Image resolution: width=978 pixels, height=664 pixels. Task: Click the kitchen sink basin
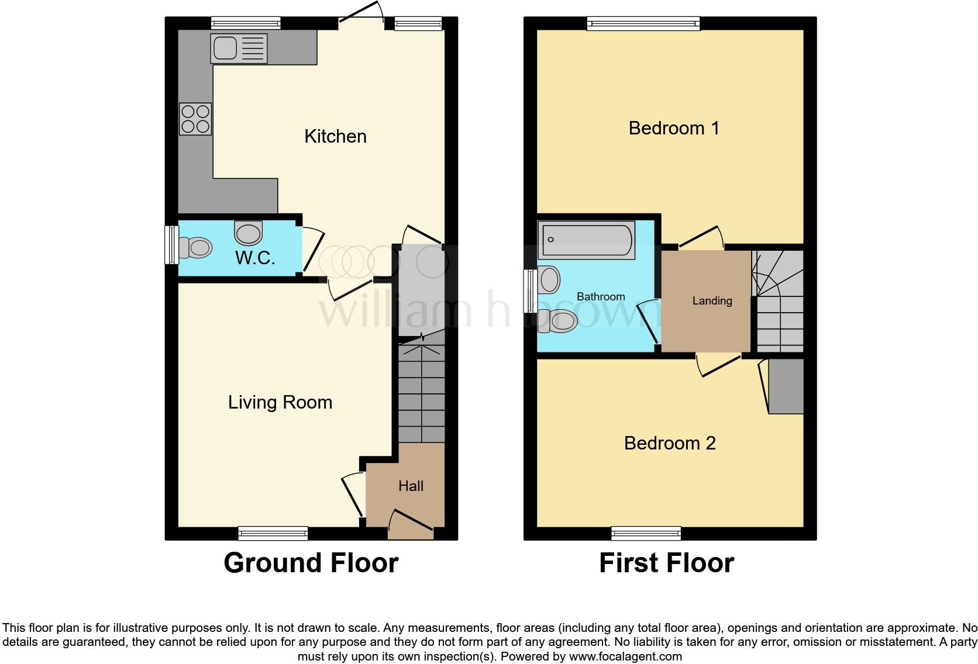tap(225, 48)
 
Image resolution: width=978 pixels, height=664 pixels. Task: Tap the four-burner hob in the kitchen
tap(195, 119)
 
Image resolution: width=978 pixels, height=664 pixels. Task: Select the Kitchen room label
tap(335, 136)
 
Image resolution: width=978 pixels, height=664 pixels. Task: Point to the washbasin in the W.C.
tap(249, 233)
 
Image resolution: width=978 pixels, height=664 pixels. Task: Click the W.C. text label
tap(255, 258)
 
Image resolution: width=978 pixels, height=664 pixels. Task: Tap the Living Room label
tap(280, 402)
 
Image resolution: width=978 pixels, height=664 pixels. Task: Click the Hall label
tap(411, 486)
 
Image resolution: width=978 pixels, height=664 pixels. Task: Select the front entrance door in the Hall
tap(411, 524)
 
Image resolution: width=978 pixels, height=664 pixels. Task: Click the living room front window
tap(273, 532)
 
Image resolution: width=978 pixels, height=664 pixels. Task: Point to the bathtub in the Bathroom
tap(586, 239)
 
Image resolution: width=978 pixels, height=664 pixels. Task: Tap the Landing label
tap(712, 300)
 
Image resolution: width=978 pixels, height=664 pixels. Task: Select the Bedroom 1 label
tap(674, 128)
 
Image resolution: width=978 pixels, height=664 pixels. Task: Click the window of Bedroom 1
tap(643, 23)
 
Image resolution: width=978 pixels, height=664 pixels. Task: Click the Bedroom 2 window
tap(646, 532)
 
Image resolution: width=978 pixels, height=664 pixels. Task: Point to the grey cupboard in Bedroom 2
tap(786, 386)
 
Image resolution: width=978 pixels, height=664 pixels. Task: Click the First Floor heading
tap(666, 563)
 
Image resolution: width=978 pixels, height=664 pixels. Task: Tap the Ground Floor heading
tap(311, 563)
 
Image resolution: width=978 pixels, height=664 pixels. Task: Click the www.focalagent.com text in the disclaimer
tap(625, 656)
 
